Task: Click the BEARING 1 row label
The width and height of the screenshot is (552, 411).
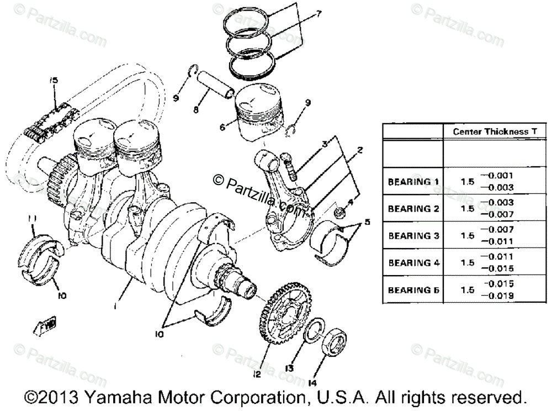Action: click(x=413, y=182)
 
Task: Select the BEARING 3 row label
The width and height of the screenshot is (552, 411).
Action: click(x=413, y=235)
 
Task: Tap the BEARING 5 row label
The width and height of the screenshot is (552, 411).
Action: click(x=413, y=289)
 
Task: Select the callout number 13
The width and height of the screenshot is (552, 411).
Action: click(x=289, y=367)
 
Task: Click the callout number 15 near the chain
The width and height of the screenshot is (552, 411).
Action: click(x=53, y=81)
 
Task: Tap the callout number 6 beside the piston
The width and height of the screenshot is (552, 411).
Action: click(x=222, y=127)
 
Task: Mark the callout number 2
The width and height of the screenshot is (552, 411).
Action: click(x=359, y=149)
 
